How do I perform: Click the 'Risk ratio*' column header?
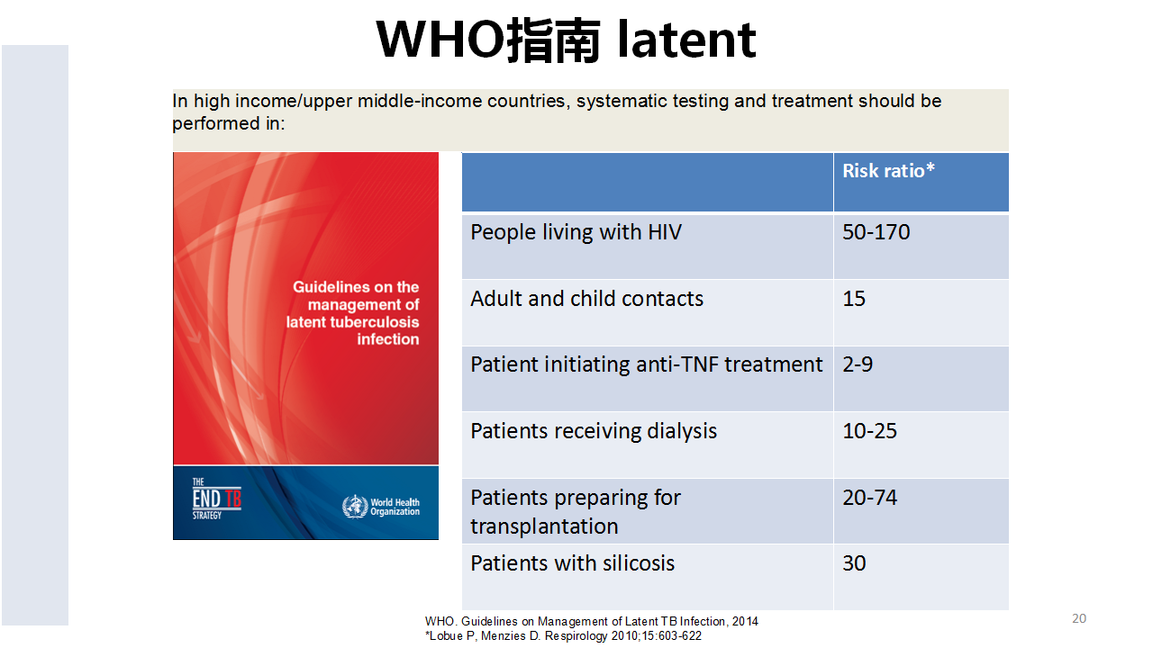[888, 171]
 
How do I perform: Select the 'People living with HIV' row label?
[576, 232]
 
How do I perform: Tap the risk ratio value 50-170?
[876, 232]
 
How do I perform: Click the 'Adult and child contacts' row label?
[586, 299]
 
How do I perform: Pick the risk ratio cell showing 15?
[854, 299]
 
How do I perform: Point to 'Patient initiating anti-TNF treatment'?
[647, 364]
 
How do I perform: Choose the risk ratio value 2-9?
[858, 364]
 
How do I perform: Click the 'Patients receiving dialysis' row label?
[594, 431]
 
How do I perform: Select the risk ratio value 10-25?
[869, 431]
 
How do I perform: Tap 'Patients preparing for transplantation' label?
[576, 512]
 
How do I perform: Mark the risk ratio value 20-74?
[869, 498]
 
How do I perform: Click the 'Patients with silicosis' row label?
[572, 563]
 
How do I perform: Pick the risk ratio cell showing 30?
[854, 563]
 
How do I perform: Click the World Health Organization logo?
[381, 507]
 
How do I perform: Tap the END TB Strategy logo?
[217, 499]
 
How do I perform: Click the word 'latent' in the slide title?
[686, 40]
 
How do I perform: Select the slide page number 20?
[1079, 618]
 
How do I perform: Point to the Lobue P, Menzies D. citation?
[563, 636]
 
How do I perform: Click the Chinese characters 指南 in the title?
[554, 40]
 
